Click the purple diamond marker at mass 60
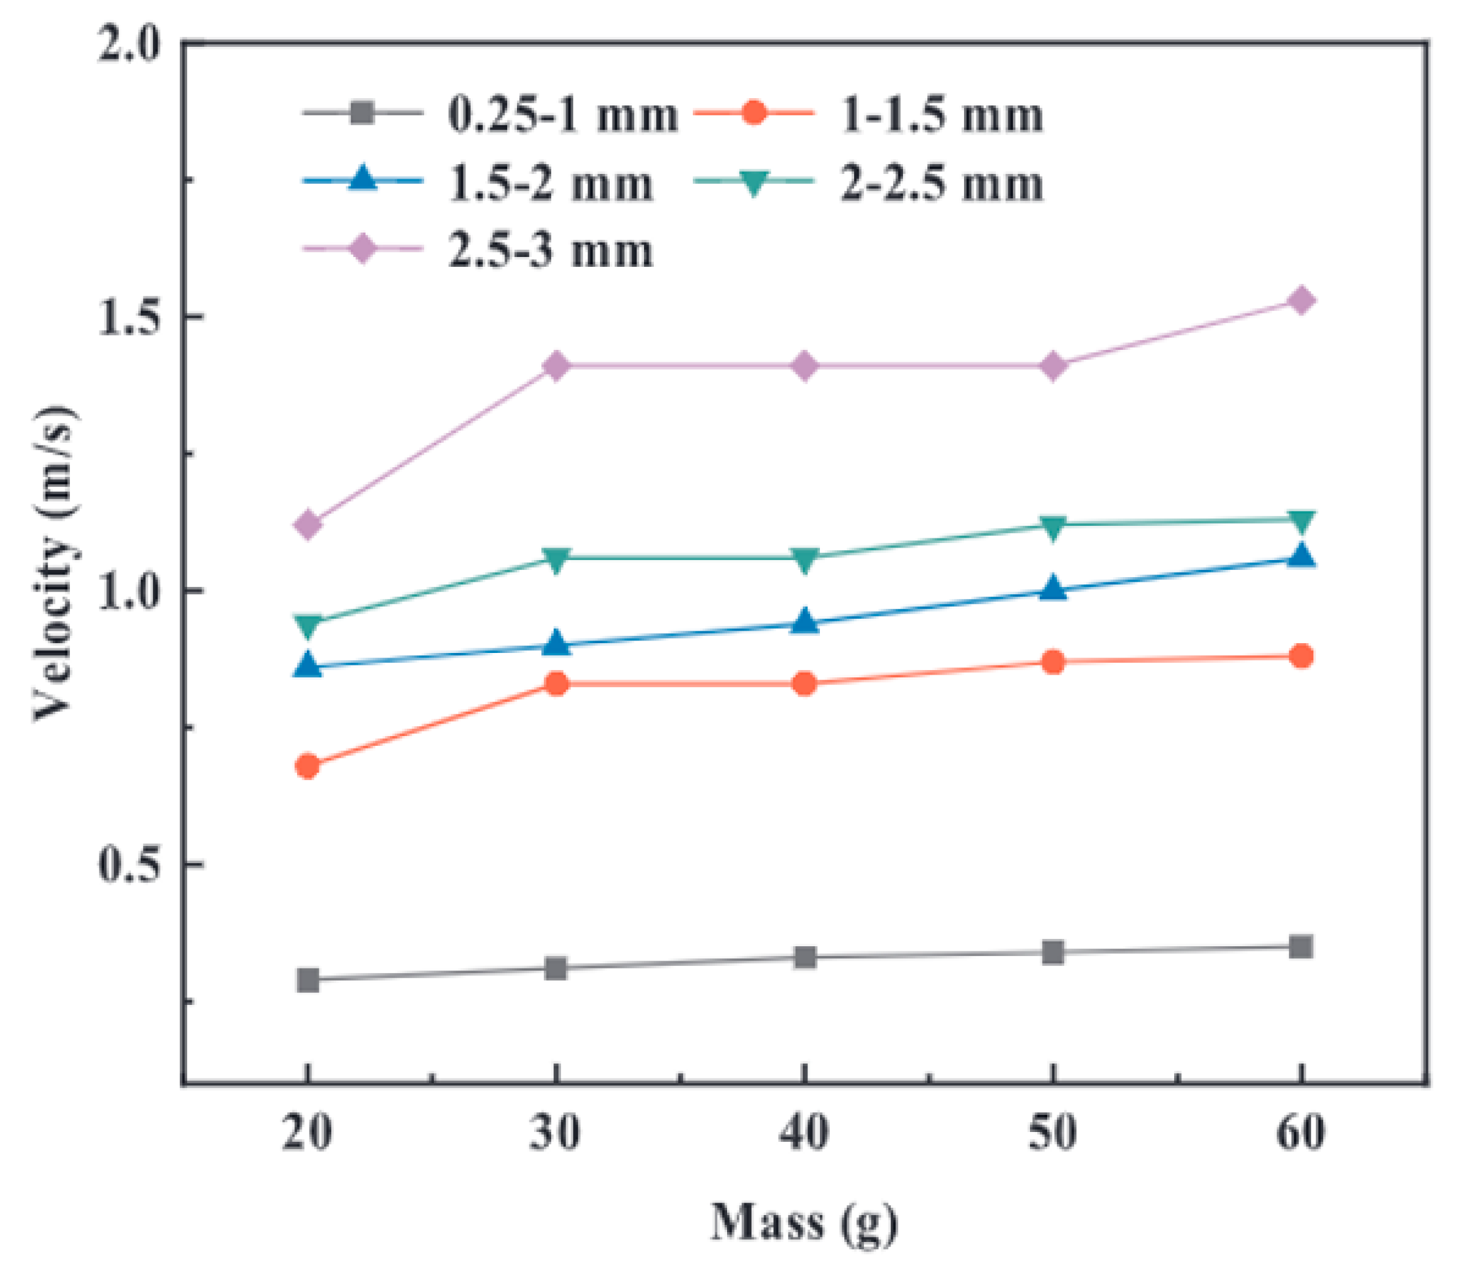coord(1301,301)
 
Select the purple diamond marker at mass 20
coord(307,524)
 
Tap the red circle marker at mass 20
coord(307,766)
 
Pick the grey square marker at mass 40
coord(804,957)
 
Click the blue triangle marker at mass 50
coord(1052,589)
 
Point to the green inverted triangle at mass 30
coord(556,559)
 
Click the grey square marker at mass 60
coord(1301,947)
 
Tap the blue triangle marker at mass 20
coord(307,666)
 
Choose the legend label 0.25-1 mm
coord(562,115)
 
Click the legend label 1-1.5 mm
coord(942,115)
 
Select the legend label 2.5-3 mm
coord(550,251)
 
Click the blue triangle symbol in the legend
coord(363,179)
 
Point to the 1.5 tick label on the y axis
coord(127,317)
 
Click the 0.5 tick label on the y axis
coord(127,864)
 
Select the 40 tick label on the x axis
coord(804,1133)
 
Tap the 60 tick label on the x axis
coord(1301,1133)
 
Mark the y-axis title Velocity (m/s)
coord(55,562)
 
